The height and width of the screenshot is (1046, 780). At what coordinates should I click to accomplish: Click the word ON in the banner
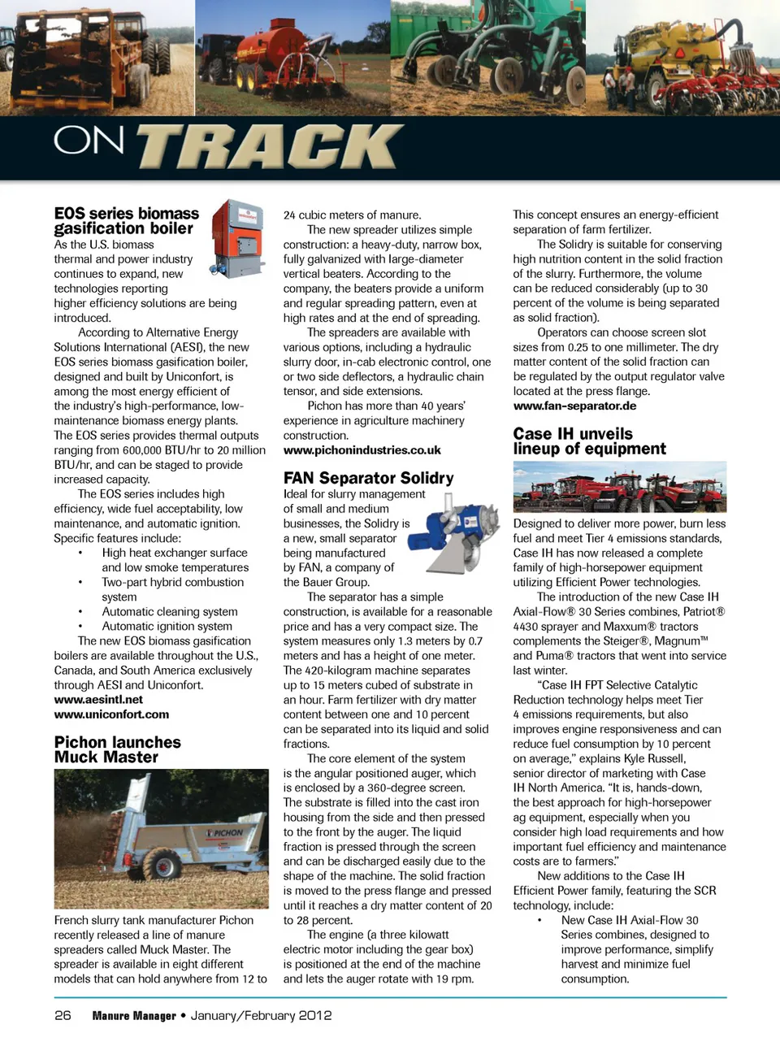89,141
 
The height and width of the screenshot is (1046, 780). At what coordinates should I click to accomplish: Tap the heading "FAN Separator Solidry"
368,478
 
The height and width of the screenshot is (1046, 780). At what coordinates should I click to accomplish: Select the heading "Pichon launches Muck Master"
117,749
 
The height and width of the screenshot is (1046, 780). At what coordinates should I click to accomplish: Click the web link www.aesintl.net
98,700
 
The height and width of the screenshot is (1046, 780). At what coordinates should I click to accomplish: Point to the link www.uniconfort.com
111,714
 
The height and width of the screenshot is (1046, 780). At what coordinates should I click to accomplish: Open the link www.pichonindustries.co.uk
362,450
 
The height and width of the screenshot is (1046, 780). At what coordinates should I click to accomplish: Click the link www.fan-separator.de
574,406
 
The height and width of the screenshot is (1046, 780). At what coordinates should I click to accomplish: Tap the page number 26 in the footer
63,1015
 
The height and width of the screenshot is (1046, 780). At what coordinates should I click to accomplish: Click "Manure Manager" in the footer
134,1016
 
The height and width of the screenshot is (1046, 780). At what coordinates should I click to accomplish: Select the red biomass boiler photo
237,238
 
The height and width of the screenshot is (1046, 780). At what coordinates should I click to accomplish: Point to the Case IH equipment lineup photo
619,487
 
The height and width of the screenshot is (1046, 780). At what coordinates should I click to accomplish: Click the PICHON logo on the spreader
226,832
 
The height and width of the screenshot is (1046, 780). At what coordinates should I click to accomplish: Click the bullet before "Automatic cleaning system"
80,612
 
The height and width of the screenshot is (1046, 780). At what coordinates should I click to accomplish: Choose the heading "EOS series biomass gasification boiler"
126,221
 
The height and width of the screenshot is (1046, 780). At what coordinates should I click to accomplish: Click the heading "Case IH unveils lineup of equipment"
589,441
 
